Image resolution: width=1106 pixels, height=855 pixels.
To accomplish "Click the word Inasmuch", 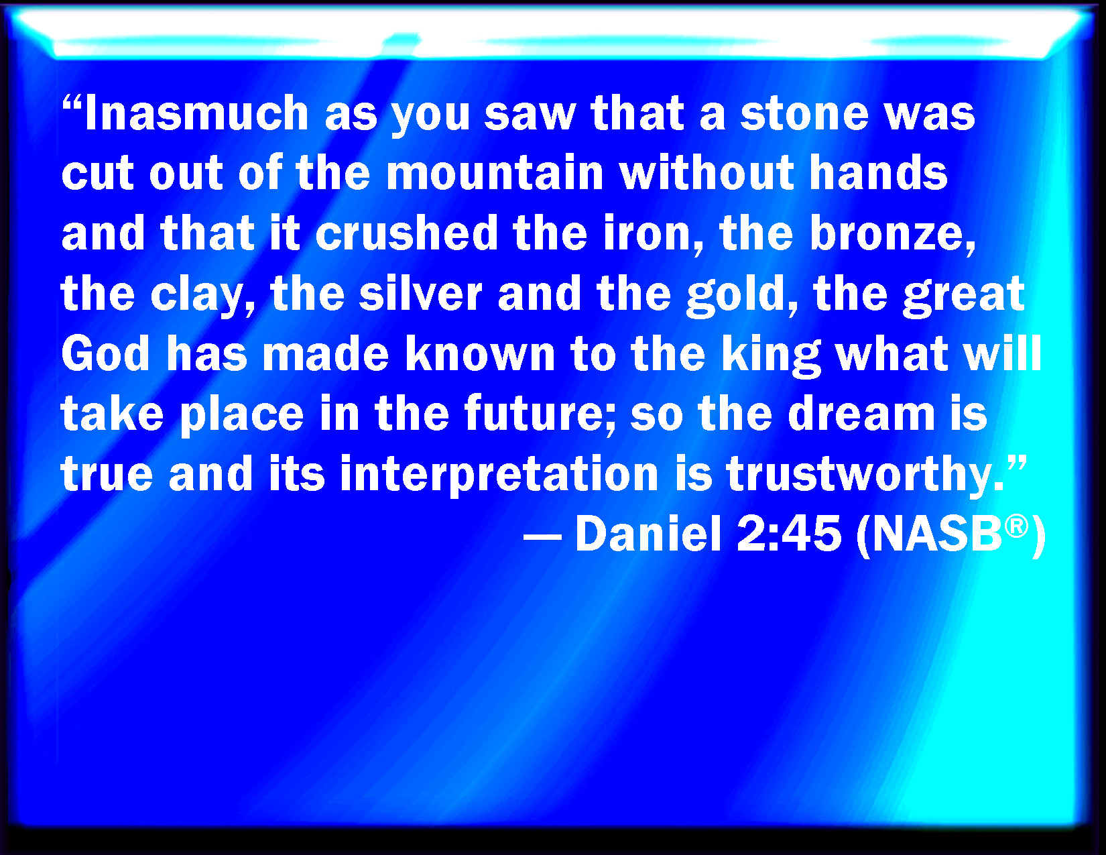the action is pos(196,113).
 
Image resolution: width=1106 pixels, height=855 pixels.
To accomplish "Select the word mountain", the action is pos(495,172).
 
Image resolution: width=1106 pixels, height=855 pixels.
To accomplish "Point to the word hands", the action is pos(879,172).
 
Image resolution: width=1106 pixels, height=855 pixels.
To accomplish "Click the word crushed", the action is pos(407,233).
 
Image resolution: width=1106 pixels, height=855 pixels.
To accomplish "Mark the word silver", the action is pos(420,293).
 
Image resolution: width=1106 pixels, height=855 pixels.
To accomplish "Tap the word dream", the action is pos(862,413).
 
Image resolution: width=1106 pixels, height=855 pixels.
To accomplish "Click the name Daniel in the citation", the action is pos(648,534).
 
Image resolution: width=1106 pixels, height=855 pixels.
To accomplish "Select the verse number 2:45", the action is pos(789,534).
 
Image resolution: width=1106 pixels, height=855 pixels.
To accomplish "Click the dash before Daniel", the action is pos(542,536).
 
